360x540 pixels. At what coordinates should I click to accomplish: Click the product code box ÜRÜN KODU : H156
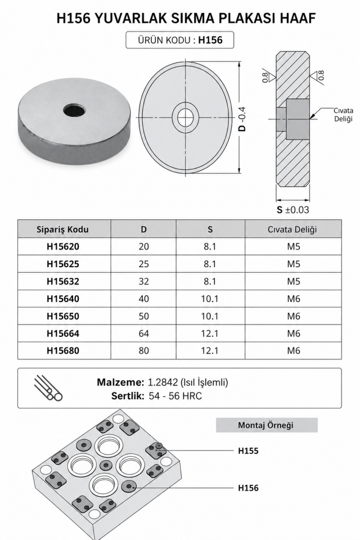[x=180, y=40]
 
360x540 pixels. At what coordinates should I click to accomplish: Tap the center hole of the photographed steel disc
[x=75, y=111]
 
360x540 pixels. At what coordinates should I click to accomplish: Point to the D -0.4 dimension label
[x=242, y=119]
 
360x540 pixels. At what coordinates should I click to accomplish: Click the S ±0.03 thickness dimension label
[x=293, y=210]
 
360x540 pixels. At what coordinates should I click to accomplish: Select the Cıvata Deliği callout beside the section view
[x=344, y=115]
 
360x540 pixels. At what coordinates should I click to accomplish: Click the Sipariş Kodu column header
[x=62, y=229]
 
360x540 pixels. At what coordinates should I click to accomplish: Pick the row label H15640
[x=63, y=299]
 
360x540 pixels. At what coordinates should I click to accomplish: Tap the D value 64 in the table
[x=143, y=334]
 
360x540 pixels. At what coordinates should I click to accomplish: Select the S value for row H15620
[x=210, y=246]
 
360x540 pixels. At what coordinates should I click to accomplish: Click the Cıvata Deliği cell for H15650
[x=294, y=316]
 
